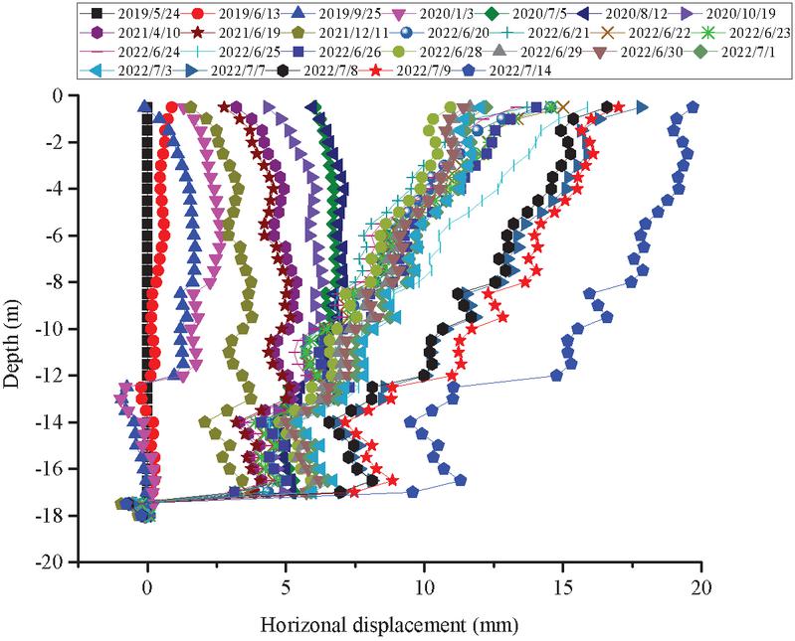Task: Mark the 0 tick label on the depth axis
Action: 68,95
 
